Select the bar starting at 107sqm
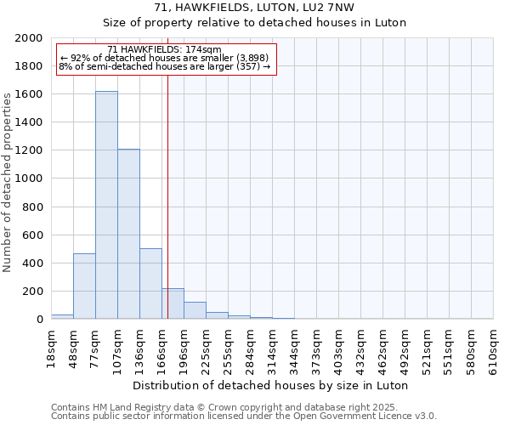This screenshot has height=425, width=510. click(x=128, y=234)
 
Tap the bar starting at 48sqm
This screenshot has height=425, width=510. click(x=84, y=286)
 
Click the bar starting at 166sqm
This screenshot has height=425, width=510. click(x=173, y=303)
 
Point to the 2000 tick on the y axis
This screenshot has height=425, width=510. click(x=29, y=38)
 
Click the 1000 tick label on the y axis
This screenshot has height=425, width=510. click(x=29, y=178)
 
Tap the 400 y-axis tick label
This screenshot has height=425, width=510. click(x=32, y=263)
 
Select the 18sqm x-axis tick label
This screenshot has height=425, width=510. click(x=52, y=347)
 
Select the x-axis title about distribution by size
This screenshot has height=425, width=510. click(x=271, y=385)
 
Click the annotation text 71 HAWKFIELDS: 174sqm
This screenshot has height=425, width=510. click(x=165, y=50)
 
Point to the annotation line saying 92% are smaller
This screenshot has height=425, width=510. click(x=164, y=58)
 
